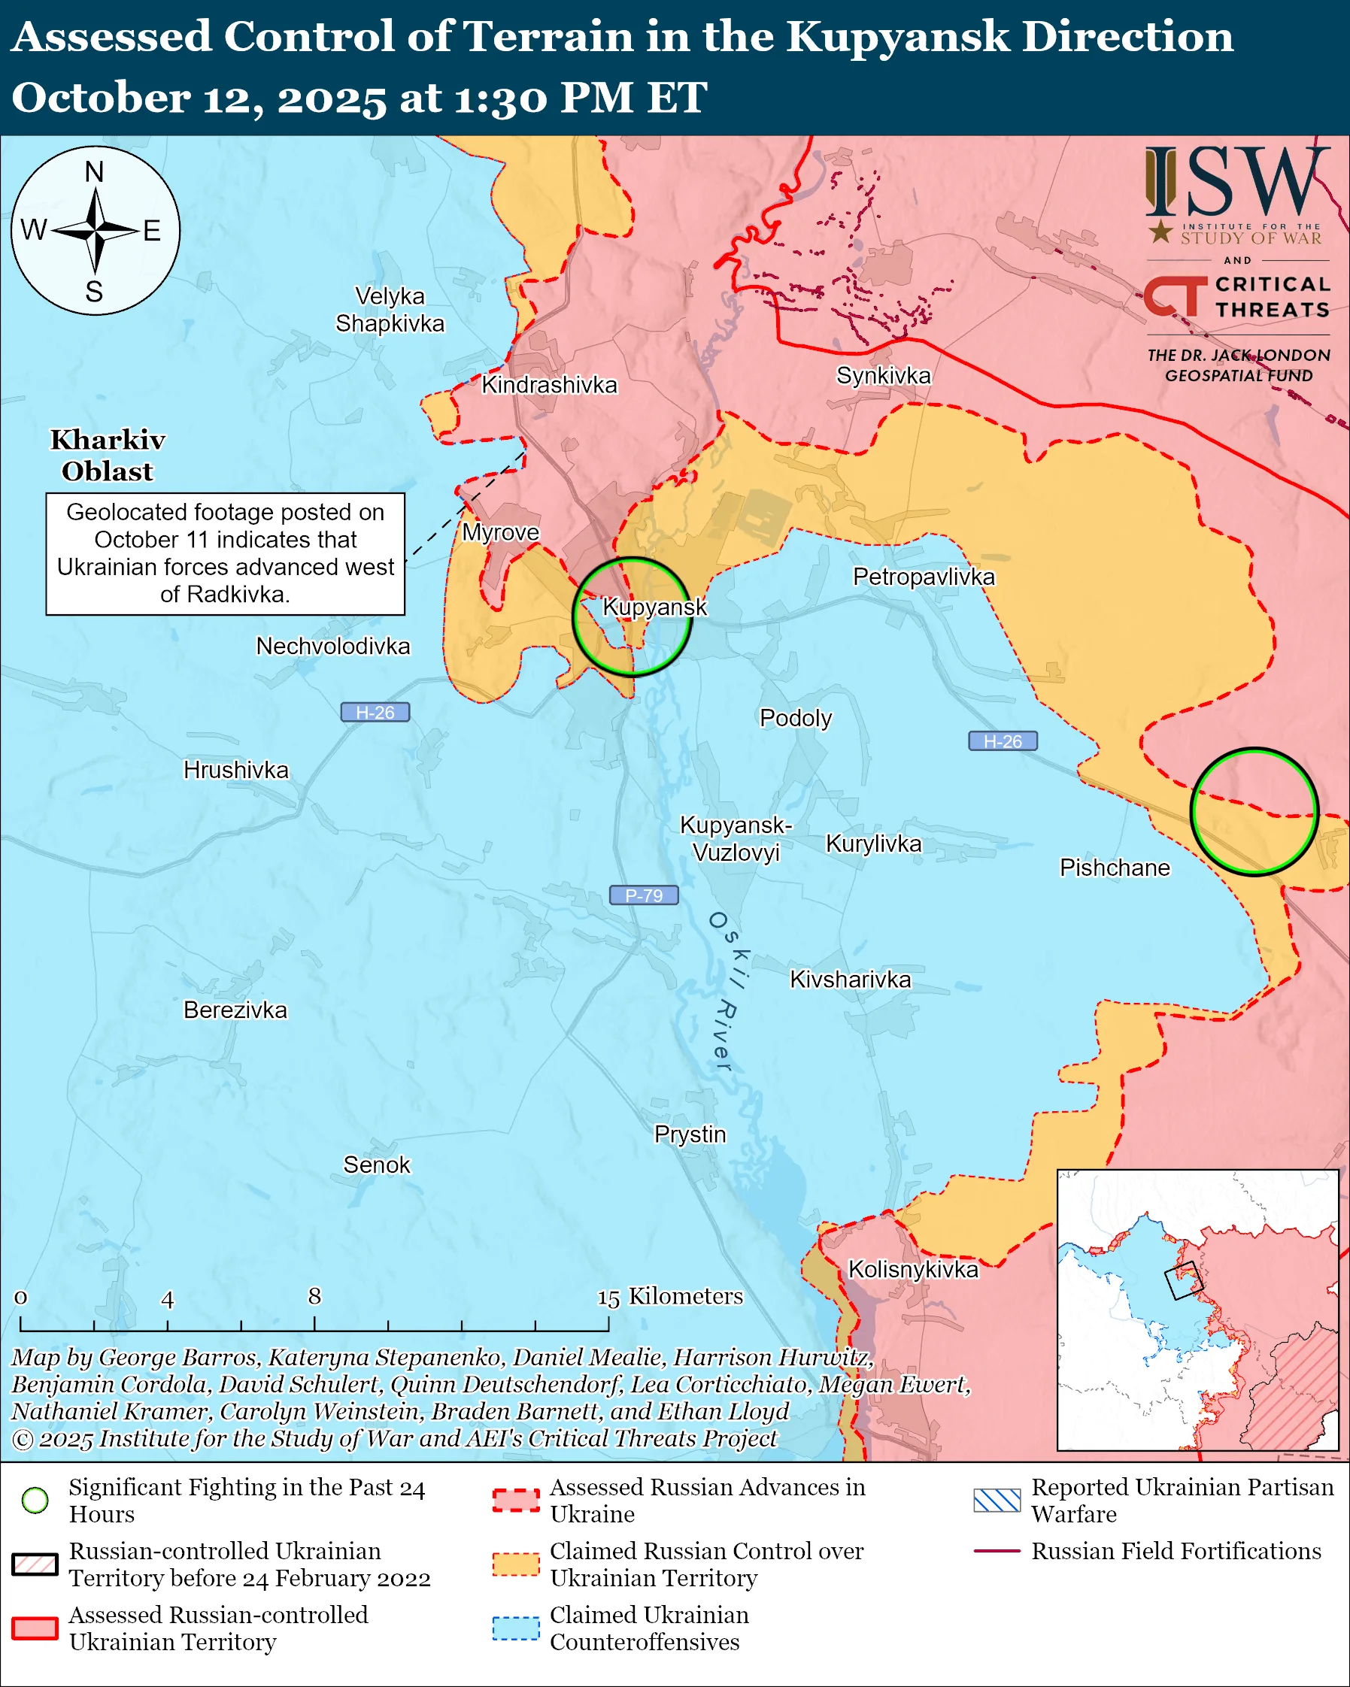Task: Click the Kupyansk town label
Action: [654, 607]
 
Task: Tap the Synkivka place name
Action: [884, 376]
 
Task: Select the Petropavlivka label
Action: [924, 577]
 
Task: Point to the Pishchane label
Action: [1115, 868]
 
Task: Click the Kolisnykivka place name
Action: [913, 1269]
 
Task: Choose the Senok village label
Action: [377, 1165]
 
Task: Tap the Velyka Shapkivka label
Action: [390, 310]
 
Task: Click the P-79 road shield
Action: [643, 895]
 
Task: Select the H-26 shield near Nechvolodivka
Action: [375, 713]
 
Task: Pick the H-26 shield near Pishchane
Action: [1003, 741]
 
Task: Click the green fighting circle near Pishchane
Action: [1254, 812]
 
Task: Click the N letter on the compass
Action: [94, 172]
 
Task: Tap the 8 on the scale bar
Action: [314, 1297]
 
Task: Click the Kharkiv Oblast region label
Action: [108, 456]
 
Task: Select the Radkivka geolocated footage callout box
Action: [226, 553]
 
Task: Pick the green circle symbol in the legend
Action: [35, 1500]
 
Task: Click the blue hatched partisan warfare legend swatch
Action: [997, 1500]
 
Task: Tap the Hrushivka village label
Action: [235, 770]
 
